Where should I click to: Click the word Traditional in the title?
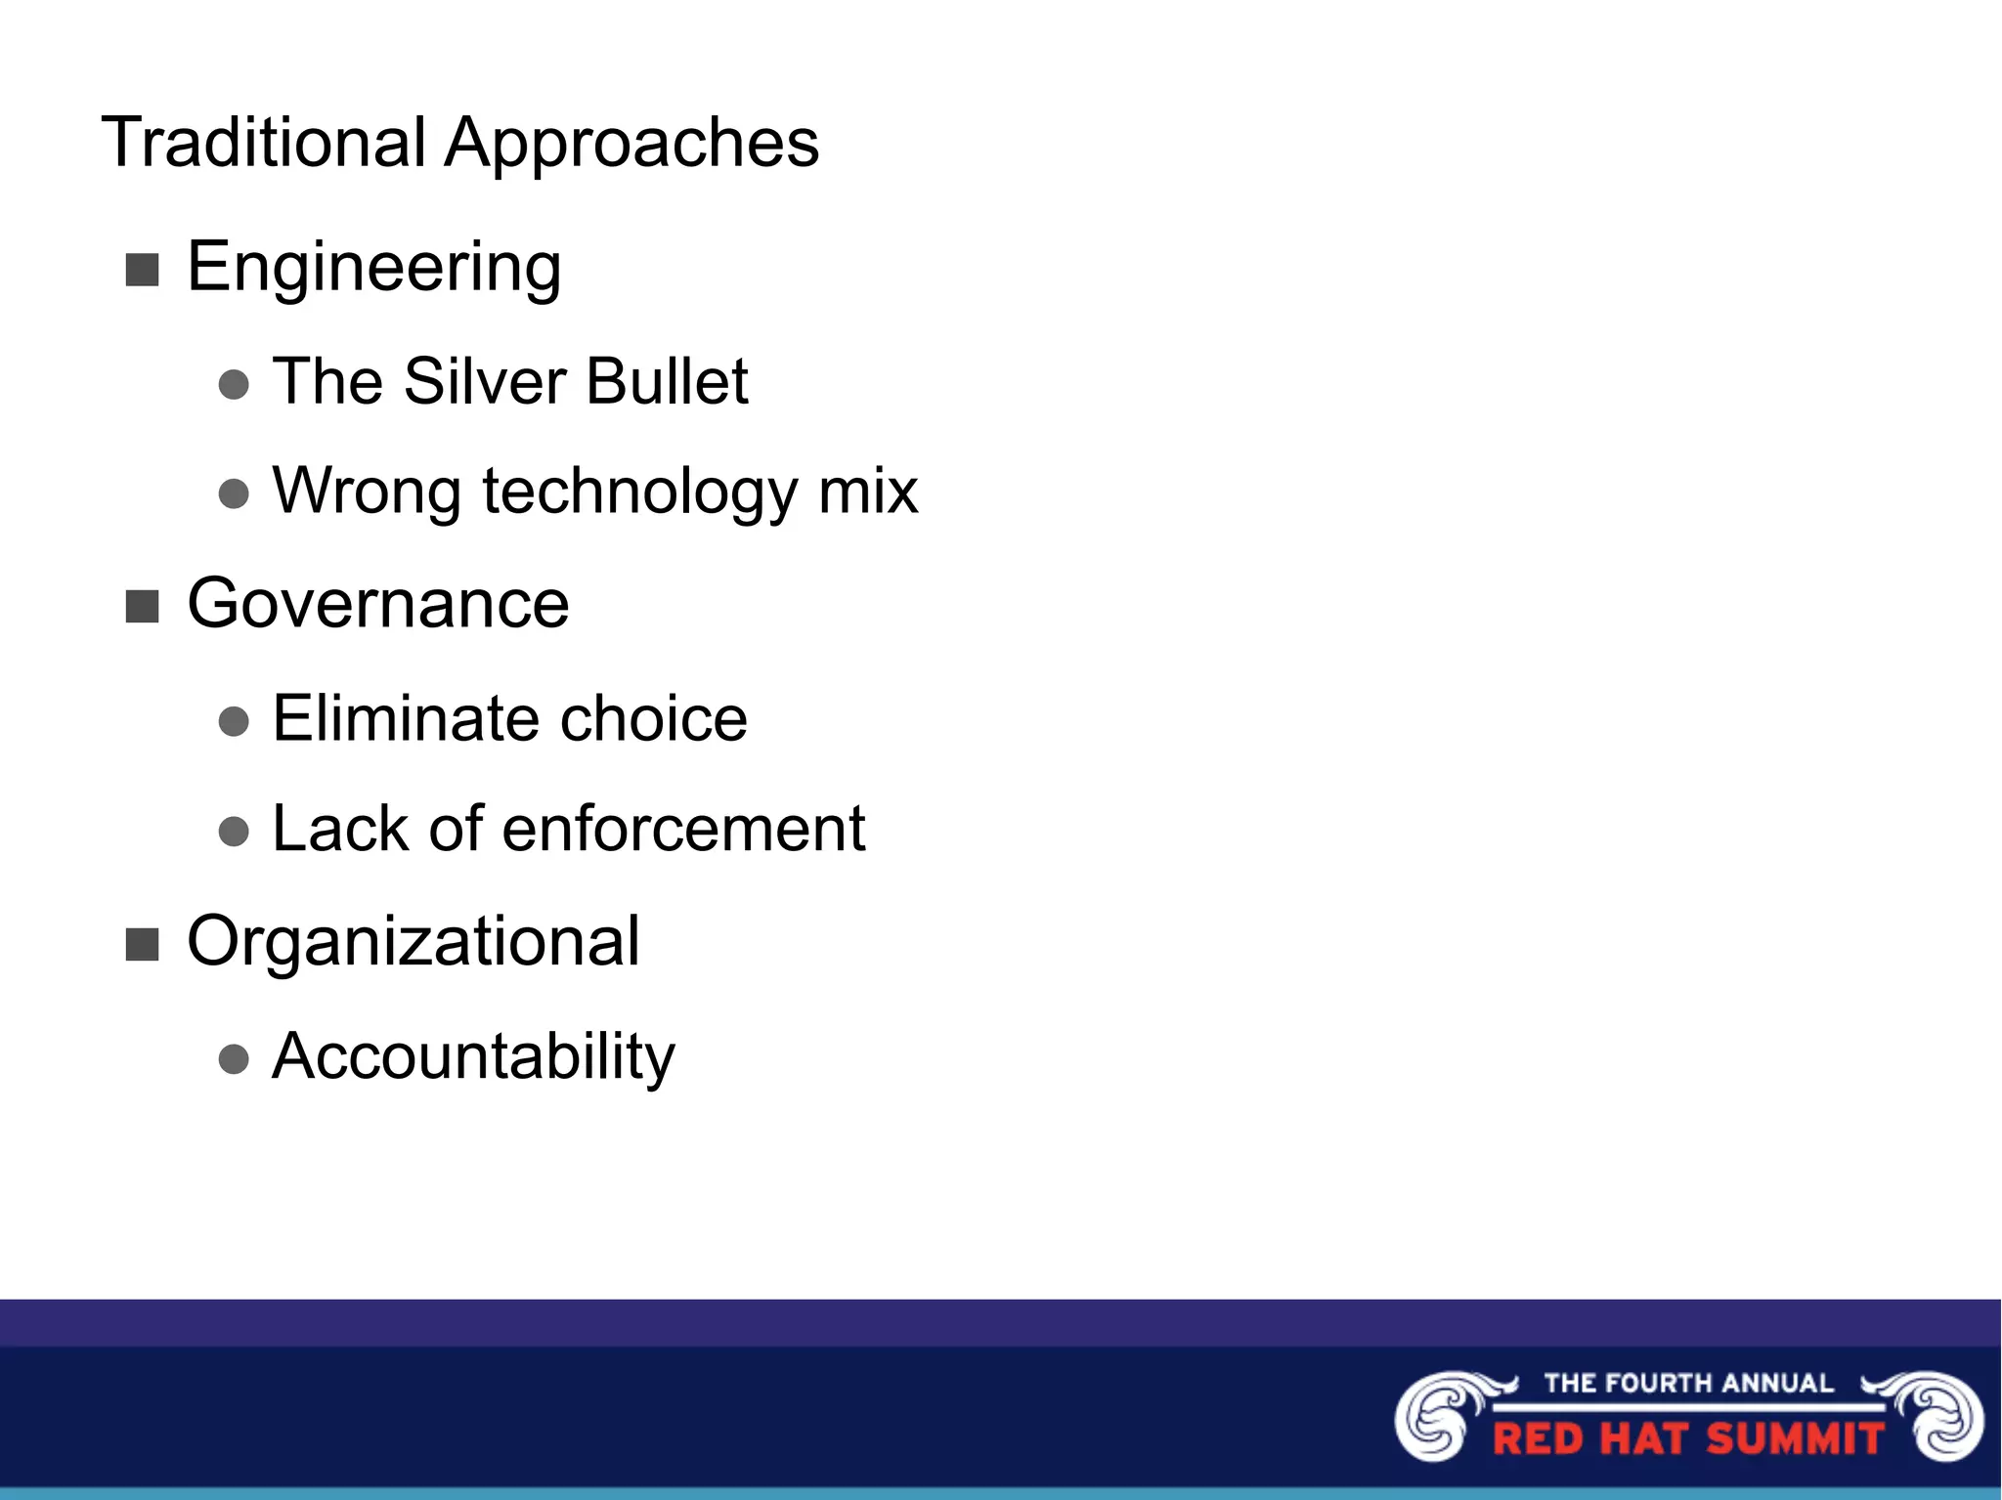point(264,143)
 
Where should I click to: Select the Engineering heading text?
point(373,267)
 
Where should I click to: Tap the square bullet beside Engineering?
point(143,270)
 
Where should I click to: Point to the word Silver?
point(485,381)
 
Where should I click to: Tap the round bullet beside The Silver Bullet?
point(234,384)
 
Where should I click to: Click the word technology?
point(639,493)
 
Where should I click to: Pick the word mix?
point(868,491)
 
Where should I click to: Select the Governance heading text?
point(377,604)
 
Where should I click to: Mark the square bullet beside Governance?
point(143,607)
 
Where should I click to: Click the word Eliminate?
point(404,719)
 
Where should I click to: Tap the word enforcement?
point(683,830)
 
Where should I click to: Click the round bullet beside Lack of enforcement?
point(234,832)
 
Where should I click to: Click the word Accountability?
point(473,1057)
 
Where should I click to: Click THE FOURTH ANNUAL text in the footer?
point(1688,1383)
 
